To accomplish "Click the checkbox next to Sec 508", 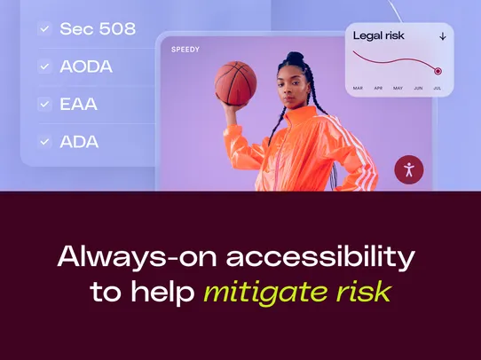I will pos(44,29).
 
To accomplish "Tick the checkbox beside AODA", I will pos(44,67).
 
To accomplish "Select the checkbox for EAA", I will pos(44,104).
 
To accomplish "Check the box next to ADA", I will pos(44,141).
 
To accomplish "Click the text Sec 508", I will pos(98,29).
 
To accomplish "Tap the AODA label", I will pos(85,67).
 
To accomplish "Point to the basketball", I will pos(235,82).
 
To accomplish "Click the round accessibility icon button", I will pos(409,169).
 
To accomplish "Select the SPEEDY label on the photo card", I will pos(186,50).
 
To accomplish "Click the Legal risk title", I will pos(380,36).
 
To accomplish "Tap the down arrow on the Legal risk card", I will pos(442,36).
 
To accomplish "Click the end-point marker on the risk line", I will pos(438,71).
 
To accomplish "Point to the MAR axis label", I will pos(358,88).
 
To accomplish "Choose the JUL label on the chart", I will pos(437,88).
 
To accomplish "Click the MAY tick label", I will pos(398,88).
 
